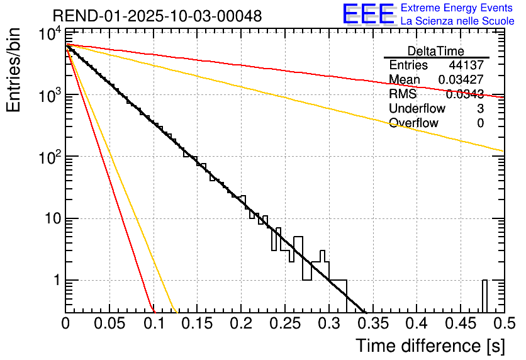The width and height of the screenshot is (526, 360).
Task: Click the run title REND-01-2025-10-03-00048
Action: coord(157,15)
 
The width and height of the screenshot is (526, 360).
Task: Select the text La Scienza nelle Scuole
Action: coord(457,21)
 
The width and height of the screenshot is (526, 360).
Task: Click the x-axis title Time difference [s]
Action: coord(430,346)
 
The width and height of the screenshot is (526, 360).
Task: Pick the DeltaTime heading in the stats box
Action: coord(436,51)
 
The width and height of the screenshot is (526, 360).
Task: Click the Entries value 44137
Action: coord(466,65)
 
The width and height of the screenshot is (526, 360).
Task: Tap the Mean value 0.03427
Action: coord(461,80)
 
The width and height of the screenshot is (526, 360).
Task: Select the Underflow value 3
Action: coord(480,109)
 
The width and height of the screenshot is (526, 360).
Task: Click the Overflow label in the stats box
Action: coord(414,123)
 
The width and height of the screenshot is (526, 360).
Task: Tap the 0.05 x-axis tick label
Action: coord(109,323)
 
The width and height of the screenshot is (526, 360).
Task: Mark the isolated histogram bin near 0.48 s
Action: coord(484,296)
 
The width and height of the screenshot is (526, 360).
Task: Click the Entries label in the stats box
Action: coord(408,65)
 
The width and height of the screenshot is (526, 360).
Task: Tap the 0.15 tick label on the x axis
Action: coord(197,323)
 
